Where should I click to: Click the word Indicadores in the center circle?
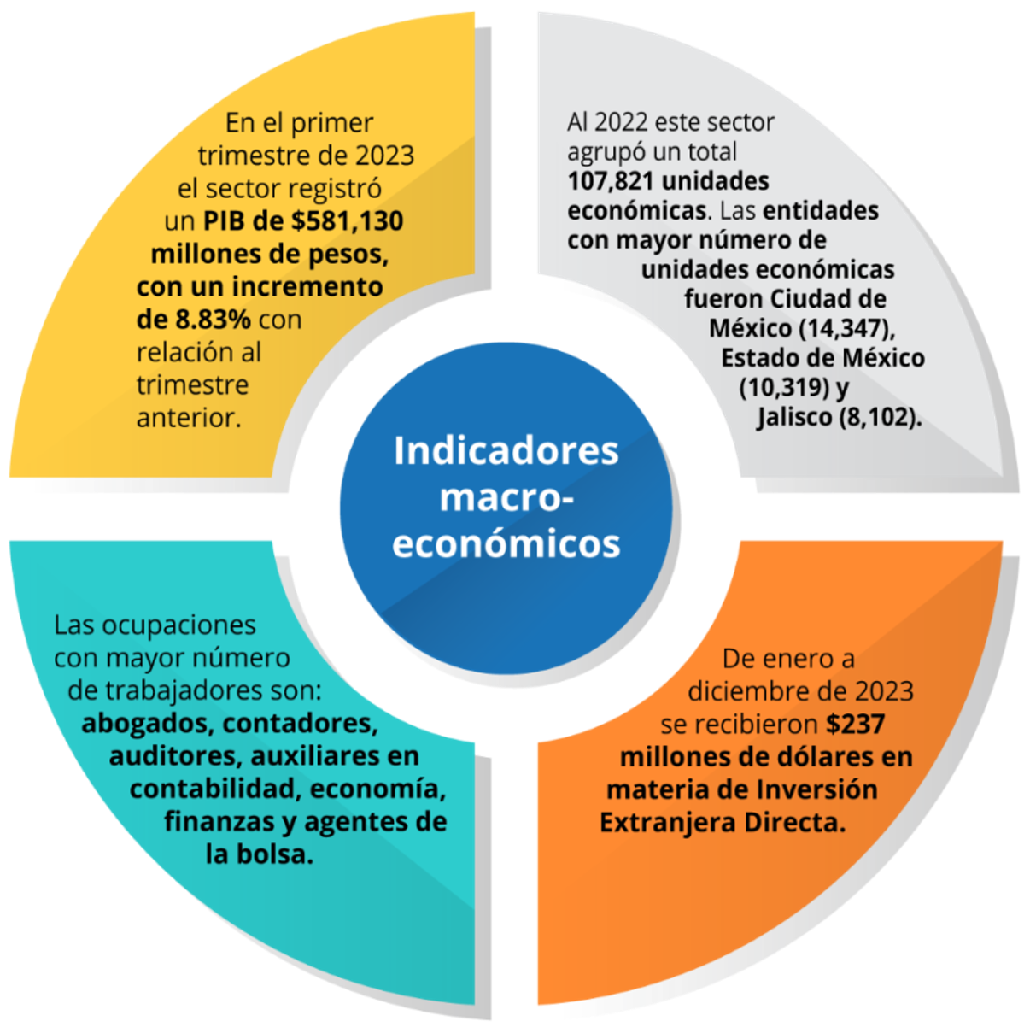[506, 451]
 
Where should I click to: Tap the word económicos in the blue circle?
[506, 543]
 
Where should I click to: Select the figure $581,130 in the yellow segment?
[348, 221]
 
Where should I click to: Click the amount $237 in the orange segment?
[855, 724]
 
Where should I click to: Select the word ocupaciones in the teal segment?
[179, 625]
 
